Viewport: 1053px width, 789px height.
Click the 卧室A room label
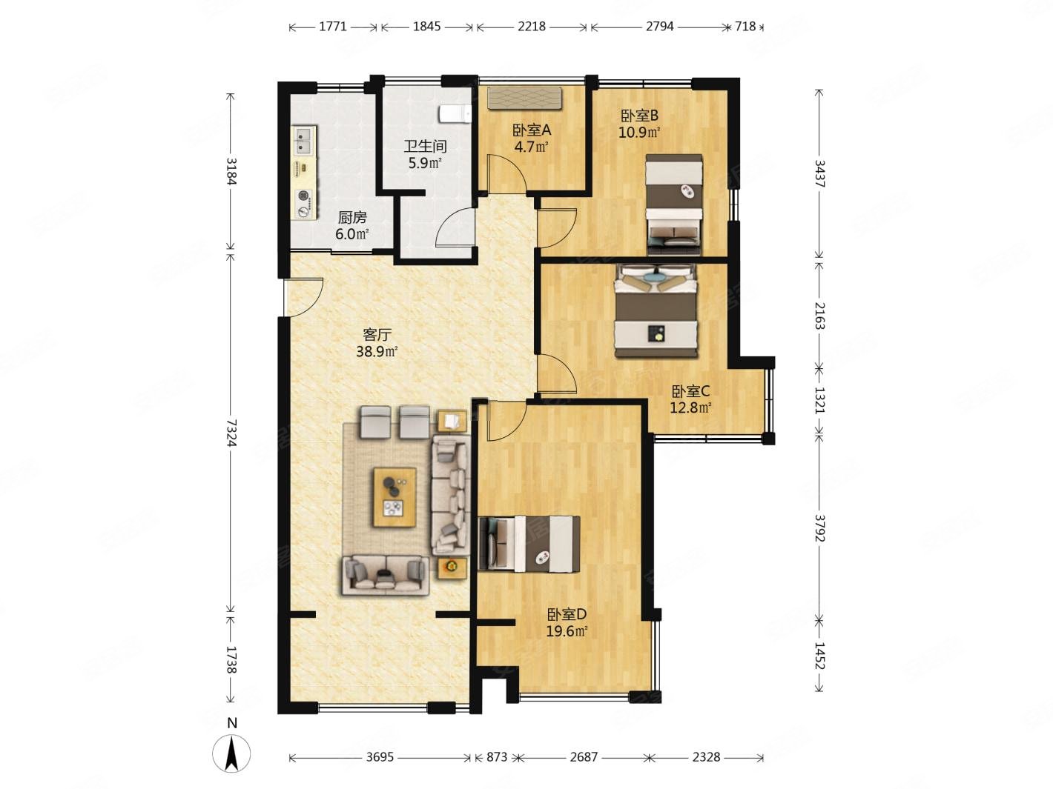532,130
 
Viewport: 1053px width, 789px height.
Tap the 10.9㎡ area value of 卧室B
639,132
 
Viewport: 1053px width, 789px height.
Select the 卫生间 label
425,146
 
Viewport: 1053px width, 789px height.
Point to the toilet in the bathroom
455,114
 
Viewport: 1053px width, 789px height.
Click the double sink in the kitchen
304,140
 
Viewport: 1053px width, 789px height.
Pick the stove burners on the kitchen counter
304,203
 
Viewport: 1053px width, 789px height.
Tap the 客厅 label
377,334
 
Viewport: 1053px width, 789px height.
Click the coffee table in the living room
395,497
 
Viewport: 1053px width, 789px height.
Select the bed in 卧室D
529,544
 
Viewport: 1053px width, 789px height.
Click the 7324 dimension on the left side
231,433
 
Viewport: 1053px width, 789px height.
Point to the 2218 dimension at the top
532,27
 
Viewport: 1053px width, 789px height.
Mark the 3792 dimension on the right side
819,528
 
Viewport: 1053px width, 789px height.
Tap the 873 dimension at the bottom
497,756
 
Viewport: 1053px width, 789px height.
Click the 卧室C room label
690,391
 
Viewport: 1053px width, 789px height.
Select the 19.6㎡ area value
567,631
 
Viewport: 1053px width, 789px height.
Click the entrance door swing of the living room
303,297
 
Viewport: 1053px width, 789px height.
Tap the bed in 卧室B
674,204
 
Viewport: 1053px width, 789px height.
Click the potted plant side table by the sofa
452,567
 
